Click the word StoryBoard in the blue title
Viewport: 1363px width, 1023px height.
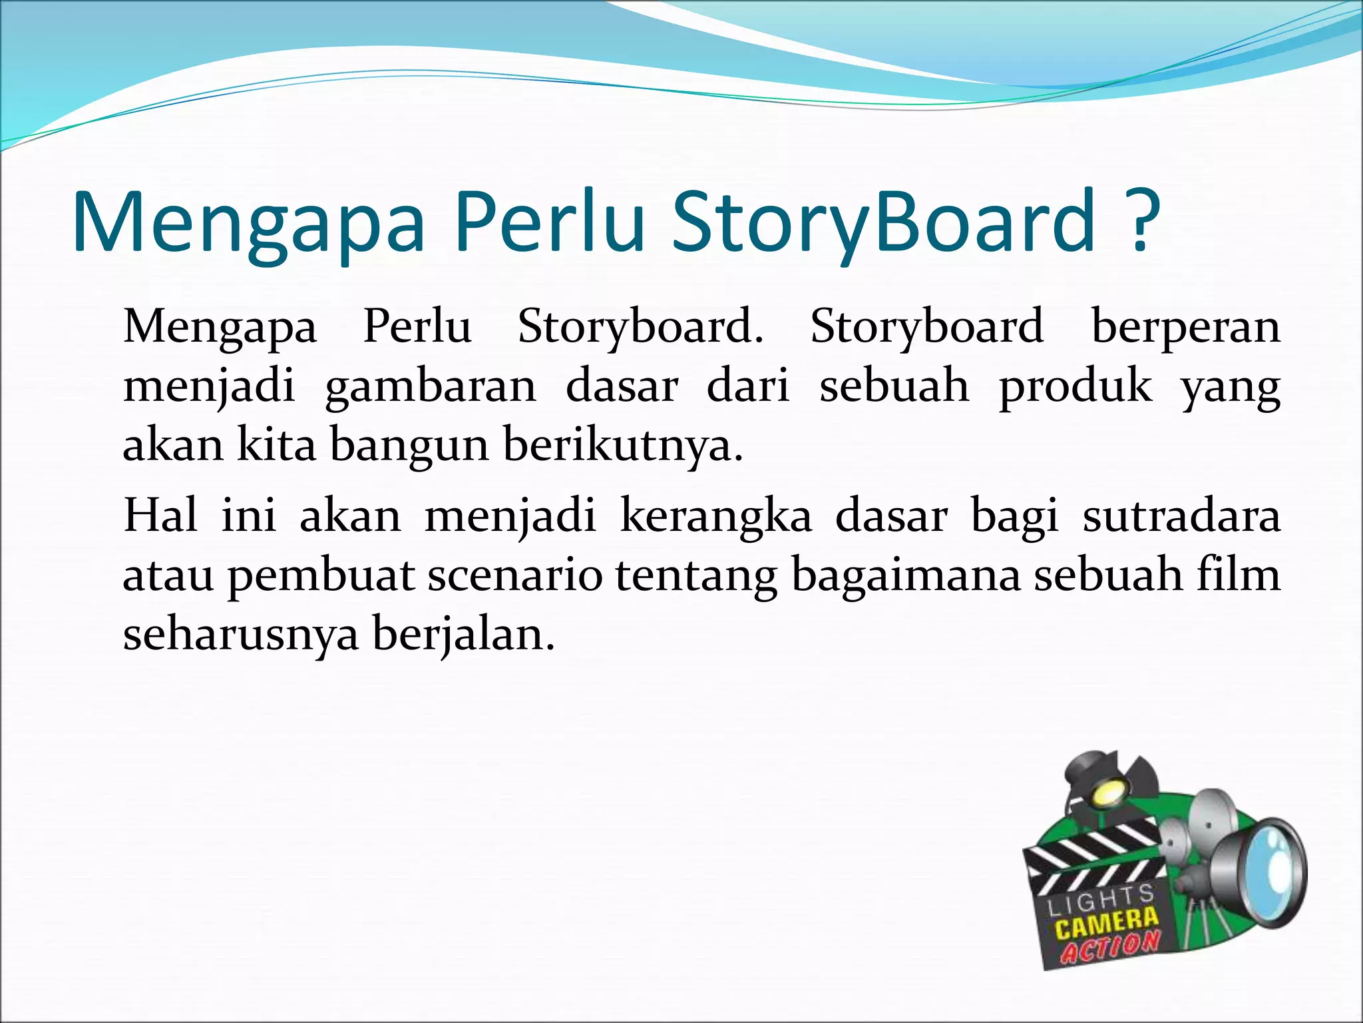tap(884, 223)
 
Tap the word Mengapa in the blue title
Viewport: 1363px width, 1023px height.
tap(248, 223)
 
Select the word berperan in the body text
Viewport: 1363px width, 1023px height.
tap(1186, 327)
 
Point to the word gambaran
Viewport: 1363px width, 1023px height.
tap(431, 387)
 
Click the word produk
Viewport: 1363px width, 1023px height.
tap(1075, 387)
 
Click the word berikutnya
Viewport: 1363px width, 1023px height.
tap(622, 445)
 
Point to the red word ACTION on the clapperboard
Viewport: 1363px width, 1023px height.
tap(1110, 946)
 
